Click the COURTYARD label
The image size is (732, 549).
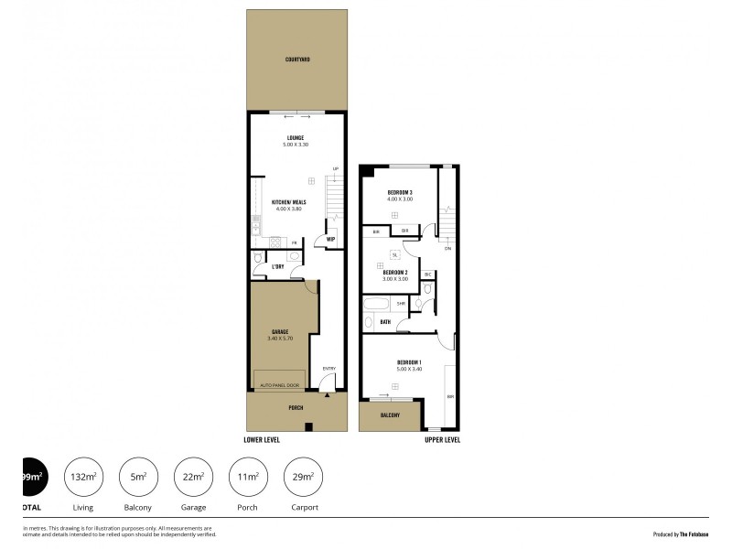point(297,59)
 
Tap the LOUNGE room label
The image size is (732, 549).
point(297,138)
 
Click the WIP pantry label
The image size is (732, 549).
point(330,241)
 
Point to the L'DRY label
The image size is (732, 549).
point(277,266)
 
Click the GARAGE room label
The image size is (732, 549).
point(280,331)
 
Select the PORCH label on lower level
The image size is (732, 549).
point(296,408)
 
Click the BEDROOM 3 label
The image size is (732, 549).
point(400,192)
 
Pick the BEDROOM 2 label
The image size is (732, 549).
point(394,272)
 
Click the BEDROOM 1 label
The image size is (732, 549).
point(409,363)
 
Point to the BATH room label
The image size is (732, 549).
point(385,322)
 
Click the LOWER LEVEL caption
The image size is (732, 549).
point(262,440)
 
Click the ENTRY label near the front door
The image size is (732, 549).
point(329,368)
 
